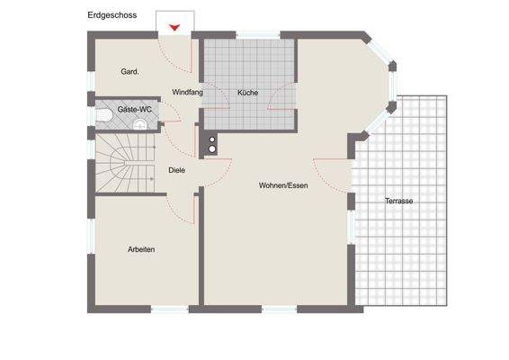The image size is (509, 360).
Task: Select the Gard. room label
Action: pyautogui.click(x=129, y=71)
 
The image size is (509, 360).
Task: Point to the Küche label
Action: pyautogui.click(x=248, y=93)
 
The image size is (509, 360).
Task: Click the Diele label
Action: pyautogui.click(x=177, y=169)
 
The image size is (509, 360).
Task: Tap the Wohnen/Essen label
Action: pyautogui.click(x=282, y=184)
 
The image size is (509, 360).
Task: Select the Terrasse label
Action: pyautogui.click(x=398, y=201)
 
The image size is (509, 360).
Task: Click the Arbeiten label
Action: pyautogui.click(x=141, y=249)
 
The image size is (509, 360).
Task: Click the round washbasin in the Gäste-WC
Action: pyautogui.click(x=139, y=127)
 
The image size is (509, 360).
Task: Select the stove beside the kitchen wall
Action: pyautogui.click(x=212, y=144)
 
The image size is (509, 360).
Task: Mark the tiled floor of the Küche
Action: pyautogui.click(x=249, y=72)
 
